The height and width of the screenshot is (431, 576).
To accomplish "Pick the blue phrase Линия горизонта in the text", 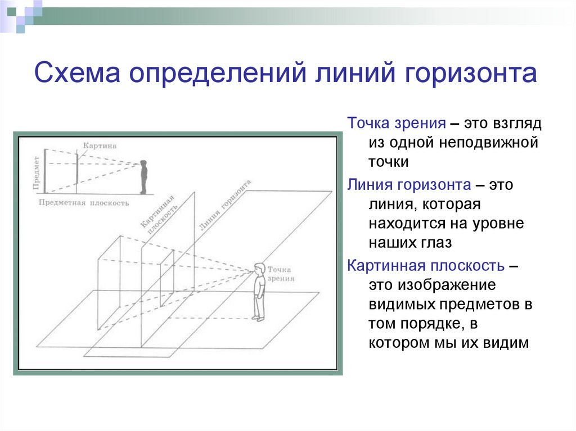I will [x=409, y=184].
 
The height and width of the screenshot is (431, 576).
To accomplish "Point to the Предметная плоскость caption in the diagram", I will [x=84, y=203].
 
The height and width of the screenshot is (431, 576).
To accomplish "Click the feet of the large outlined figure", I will [x=258, y=318].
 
